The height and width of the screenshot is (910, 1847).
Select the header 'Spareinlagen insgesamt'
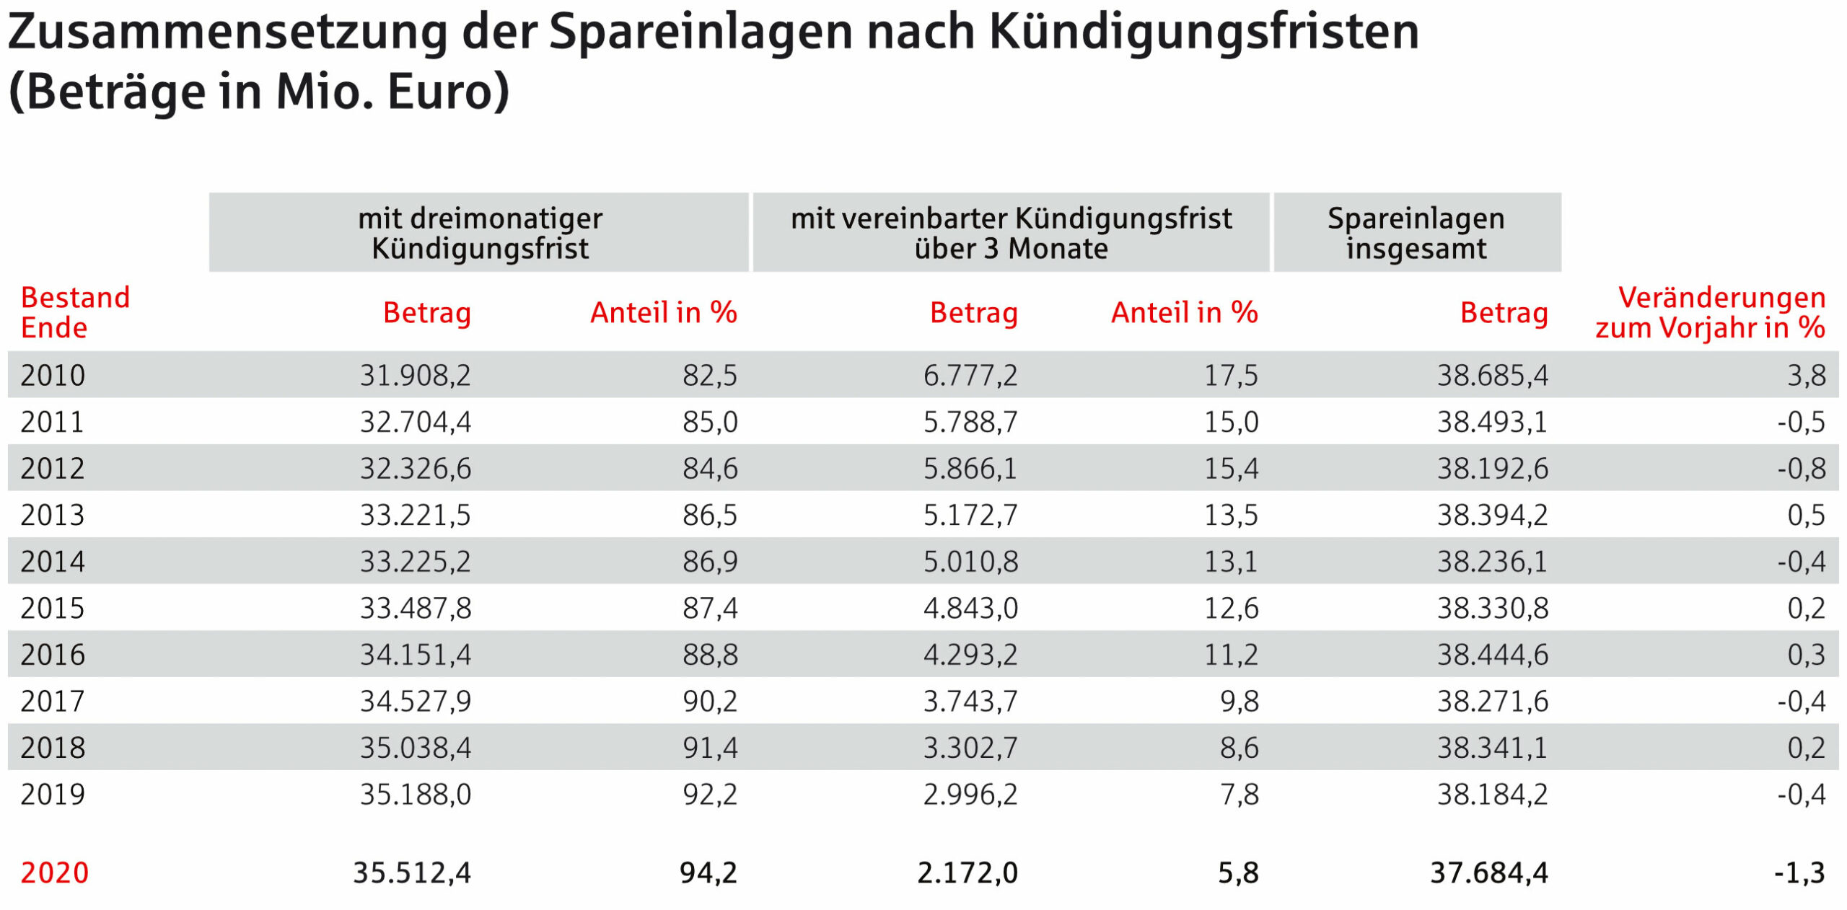(1416, 233)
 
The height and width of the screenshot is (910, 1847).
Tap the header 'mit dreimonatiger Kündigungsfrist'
(480, 233)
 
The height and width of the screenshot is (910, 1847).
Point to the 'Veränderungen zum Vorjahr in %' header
(1711, 312)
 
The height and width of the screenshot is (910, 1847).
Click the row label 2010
(53, 375)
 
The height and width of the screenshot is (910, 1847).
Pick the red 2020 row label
(55, 873)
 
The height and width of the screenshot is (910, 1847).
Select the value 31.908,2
(416, 375)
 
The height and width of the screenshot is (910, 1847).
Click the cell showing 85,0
(710, 422)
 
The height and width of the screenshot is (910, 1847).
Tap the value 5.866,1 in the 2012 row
(970, 469)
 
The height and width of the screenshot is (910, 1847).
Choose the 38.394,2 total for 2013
(1493, 515)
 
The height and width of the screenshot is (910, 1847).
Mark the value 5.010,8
(970, 562)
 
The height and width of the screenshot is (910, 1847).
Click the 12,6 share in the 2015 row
(1231, 608)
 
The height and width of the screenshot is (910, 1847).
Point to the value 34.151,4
(416, 655)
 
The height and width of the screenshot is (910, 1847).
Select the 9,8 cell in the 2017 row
(1240, 701)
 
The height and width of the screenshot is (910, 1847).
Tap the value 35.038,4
(416, 748)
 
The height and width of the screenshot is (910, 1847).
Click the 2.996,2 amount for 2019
(970, 795)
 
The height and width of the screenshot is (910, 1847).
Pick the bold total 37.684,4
(1489, 873)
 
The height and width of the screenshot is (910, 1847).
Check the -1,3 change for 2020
(1800, 873)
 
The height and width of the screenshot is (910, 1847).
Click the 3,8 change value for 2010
(1807, 375)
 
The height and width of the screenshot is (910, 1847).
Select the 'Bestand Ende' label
(75, 312)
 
